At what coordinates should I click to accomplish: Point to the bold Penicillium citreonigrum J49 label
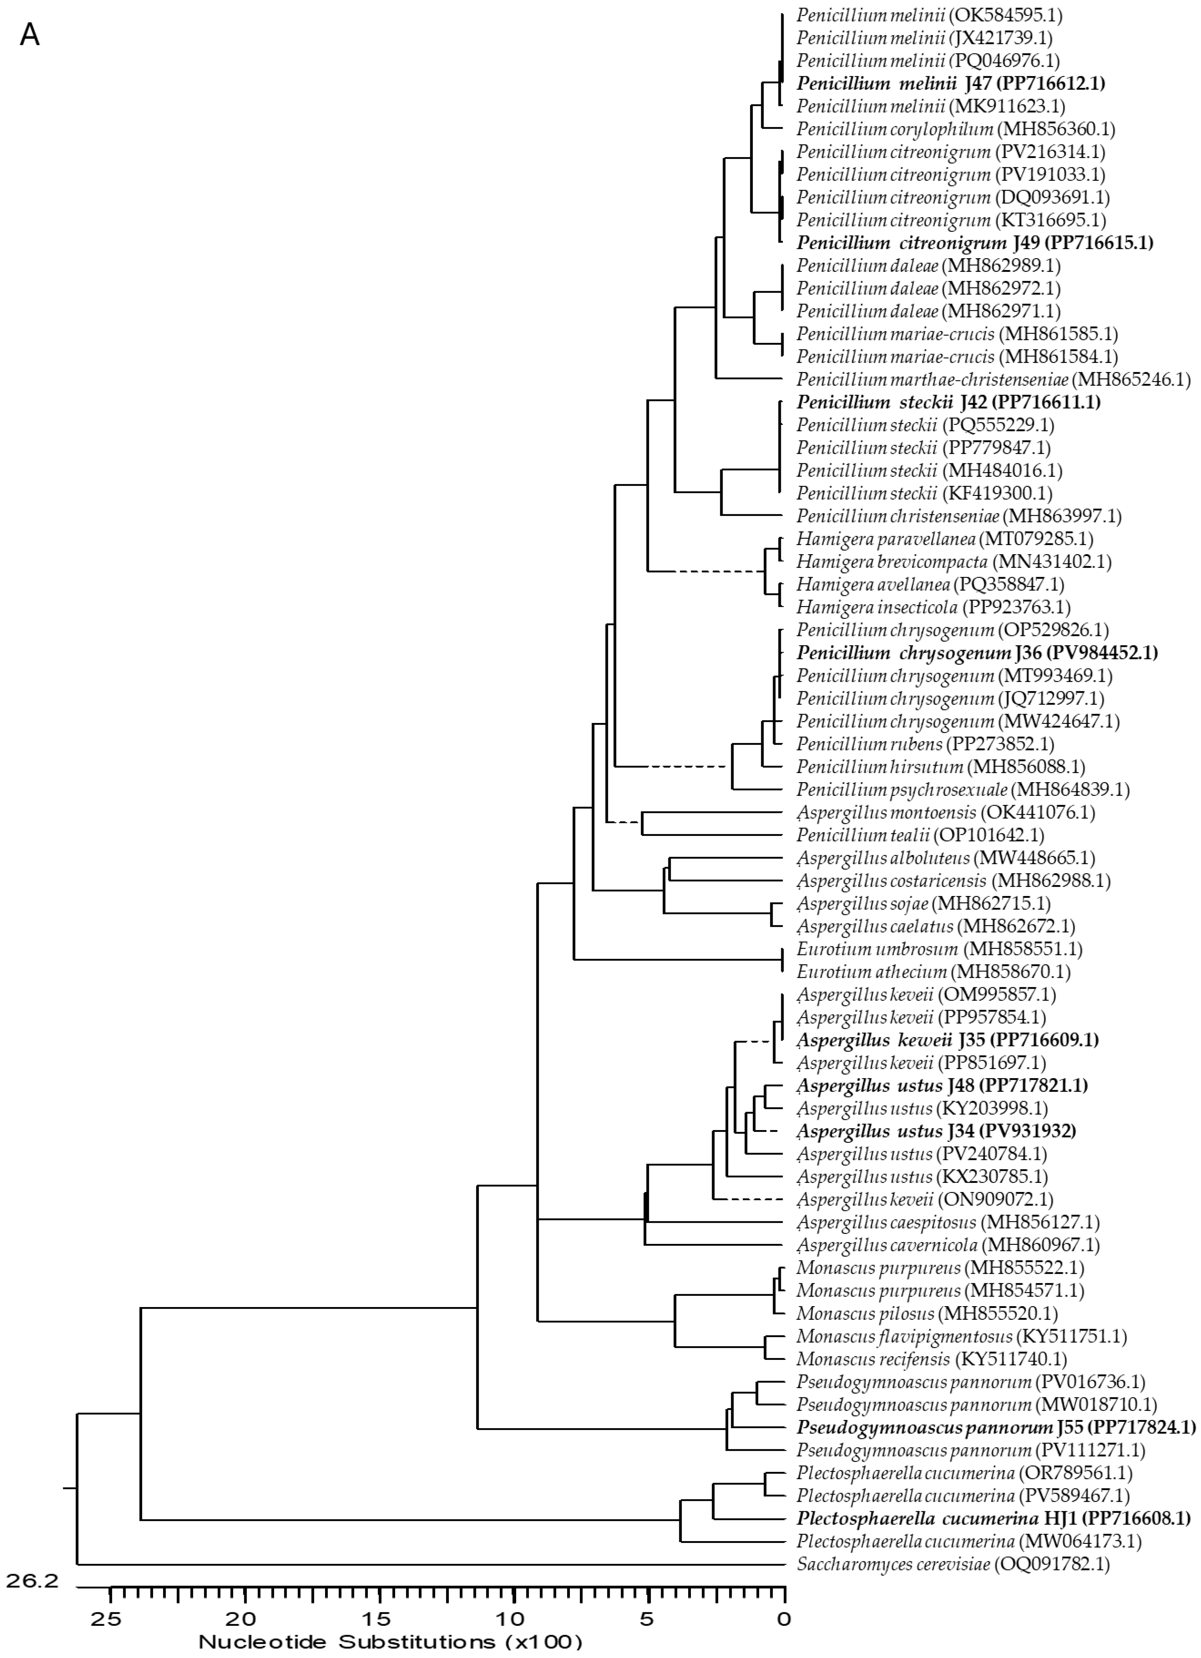974,243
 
